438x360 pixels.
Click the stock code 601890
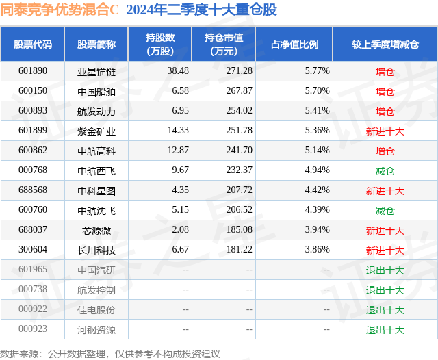click(x=33, y=71)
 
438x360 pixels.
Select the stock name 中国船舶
click(x=96, y=91)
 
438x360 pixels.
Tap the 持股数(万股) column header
click(x=160, y=44)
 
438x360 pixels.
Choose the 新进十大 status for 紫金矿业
click(x=385, y=131)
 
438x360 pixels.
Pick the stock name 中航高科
click(x=96, y=151)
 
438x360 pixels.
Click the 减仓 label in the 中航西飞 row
click(x=385, y=171)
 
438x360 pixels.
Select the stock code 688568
click(x=33, y=191)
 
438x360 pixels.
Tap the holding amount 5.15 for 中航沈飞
click(x=180, y=211)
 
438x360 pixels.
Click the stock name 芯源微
click(x=96, y=231)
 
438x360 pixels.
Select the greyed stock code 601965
click(x=33, y=270)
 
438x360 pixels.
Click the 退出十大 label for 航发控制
click(x=385, y=290)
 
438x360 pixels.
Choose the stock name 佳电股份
click(x=96, y=310)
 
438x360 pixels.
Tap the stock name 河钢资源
click(x=96, y=330)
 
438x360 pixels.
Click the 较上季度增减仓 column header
click(x=385, y=44)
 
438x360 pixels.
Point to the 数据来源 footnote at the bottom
click(x=109, y=353)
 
